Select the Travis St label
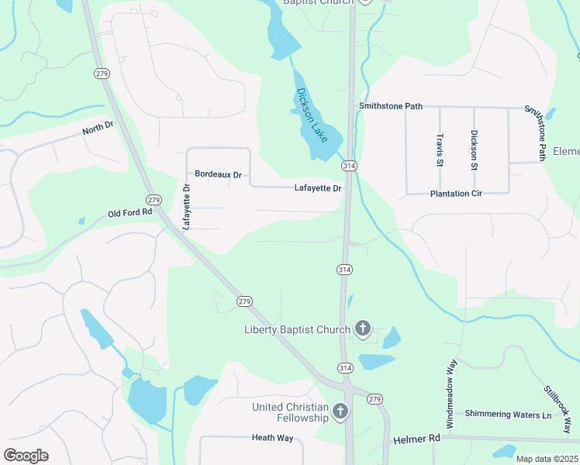point(440,150)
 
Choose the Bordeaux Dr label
point(218,174)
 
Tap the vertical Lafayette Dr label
point(186,206)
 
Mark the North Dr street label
point(98,129)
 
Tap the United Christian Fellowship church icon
point(340,412)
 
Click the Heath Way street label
point(272,438)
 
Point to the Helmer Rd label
point(416,439)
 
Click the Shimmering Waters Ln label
point(507,414)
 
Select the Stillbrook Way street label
point(557,408)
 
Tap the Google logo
point(26,456)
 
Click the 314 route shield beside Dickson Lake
point(348,166)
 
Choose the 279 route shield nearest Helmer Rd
point(375,398)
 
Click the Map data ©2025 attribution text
point(547,459)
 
